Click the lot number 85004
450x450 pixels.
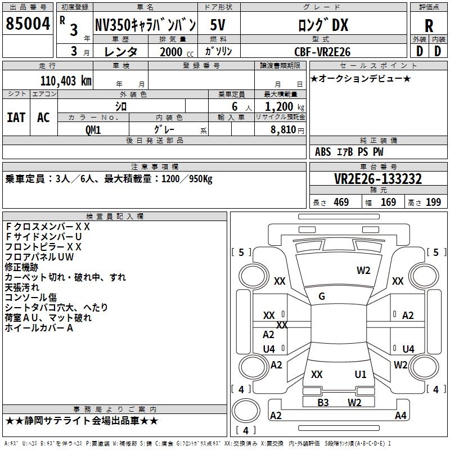28,23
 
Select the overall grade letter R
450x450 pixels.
429,25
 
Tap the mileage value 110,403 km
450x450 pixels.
66,81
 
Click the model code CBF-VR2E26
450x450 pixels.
322,52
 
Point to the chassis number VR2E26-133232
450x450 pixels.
378,179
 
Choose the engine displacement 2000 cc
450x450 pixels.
177,52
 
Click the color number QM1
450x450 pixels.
93,130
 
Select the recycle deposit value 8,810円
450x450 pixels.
287,130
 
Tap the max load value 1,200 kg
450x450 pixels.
285,107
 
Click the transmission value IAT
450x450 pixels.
16,118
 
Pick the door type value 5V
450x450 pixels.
218,25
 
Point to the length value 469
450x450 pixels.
341,202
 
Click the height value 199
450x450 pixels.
433,202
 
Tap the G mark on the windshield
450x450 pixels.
322,296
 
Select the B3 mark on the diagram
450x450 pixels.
323,402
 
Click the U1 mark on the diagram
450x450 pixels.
361,374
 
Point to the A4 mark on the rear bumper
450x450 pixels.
400,415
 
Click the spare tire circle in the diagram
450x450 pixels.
246,411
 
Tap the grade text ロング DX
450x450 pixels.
323,25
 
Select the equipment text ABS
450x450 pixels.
323,151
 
